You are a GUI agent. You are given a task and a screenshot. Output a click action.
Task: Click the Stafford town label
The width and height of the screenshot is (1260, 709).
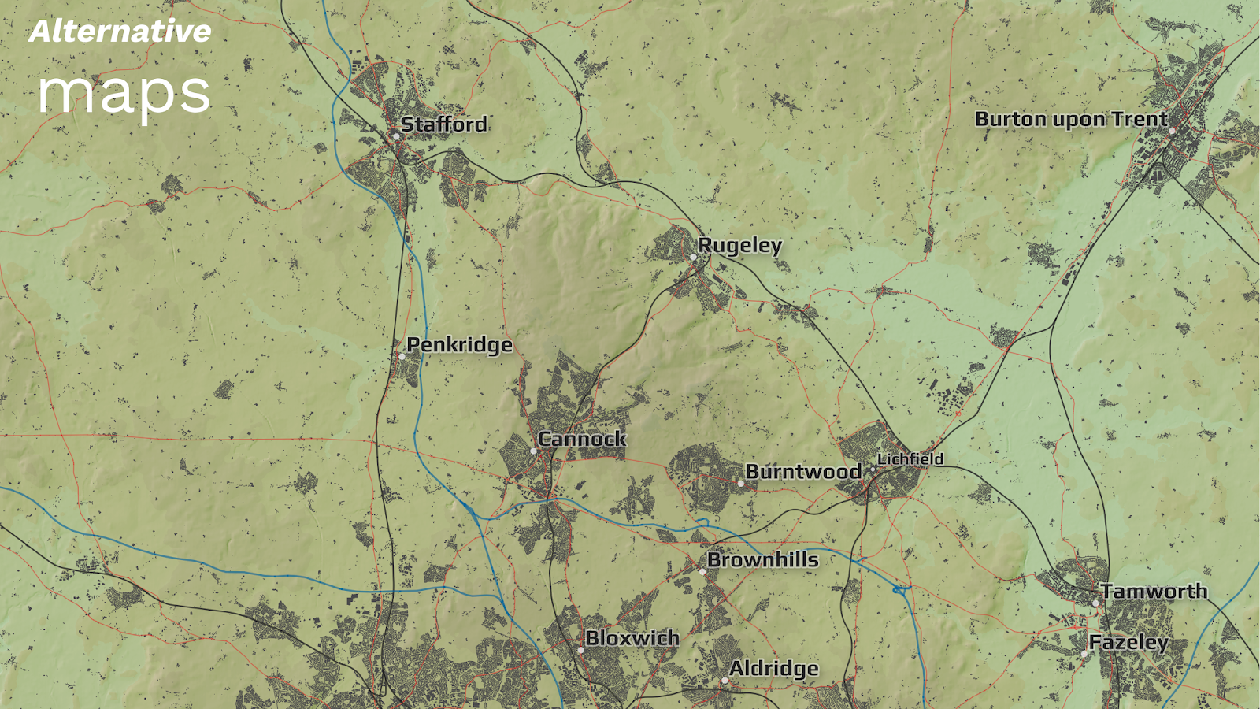444,124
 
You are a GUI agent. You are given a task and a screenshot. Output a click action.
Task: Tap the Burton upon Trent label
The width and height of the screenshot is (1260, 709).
1071,119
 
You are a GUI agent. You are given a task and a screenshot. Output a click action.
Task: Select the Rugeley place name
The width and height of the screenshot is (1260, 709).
739,246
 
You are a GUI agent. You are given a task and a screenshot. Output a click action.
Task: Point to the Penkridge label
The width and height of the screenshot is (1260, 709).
459,345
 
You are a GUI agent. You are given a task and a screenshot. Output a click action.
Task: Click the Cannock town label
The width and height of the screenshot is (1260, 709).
582,439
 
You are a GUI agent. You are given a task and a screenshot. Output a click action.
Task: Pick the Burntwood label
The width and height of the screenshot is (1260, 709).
803,471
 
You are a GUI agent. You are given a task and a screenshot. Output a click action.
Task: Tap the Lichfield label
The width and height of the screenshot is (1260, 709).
910,458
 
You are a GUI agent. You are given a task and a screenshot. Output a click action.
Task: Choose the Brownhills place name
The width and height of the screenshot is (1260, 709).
762,559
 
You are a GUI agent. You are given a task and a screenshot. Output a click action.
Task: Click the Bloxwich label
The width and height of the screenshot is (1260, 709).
632,637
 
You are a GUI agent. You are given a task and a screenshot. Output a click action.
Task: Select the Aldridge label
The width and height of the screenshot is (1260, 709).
773,668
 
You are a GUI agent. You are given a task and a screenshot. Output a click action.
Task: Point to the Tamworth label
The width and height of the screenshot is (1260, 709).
1154,591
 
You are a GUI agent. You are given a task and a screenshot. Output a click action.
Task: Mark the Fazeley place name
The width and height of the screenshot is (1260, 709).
1128,642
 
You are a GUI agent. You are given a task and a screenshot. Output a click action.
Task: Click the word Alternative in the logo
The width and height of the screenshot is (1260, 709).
120,32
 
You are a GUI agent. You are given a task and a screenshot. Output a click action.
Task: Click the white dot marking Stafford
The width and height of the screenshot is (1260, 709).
396,136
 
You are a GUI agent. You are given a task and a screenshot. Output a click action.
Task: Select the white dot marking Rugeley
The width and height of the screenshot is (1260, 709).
693,258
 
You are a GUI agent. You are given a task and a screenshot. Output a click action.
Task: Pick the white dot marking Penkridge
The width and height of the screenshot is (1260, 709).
402,357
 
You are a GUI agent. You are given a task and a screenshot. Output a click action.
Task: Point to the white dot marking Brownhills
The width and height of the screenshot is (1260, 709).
702,572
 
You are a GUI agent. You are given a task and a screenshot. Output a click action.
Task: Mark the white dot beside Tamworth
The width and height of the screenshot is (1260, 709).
1095,603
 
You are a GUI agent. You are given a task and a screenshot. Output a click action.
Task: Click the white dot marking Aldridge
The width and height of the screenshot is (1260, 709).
724,681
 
